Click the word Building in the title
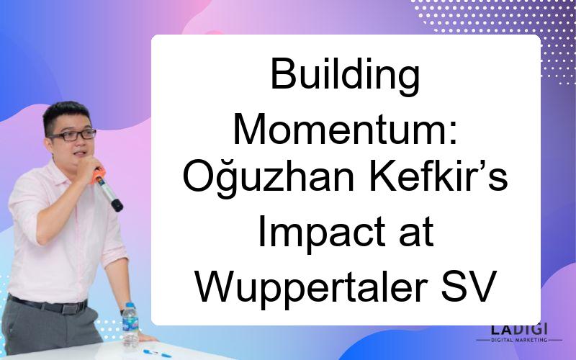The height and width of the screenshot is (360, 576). pos(345,76)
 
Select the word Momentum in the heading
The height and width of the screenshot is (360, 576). pos(340,129)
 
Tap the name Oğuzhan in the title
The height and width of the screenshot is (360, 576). pos(269,178)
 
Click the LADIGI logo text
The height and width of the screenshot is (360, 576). pos(519,329)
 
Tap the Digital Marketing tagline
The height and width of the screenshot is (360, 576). pos(519,340)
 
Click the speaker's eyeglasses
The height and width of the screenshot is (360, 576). pos(73,135)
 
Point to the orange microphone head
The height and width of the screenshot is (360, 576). pos(98,175)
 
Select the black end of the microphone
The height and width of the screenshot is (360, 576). pos(117,205)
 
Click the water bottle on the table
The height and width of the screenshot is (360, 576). pos(130,325)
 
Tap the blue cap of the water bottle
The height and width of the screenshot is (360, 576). pos(130,305)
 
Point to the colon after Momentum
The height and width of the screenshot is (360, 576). pos(453,134)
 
